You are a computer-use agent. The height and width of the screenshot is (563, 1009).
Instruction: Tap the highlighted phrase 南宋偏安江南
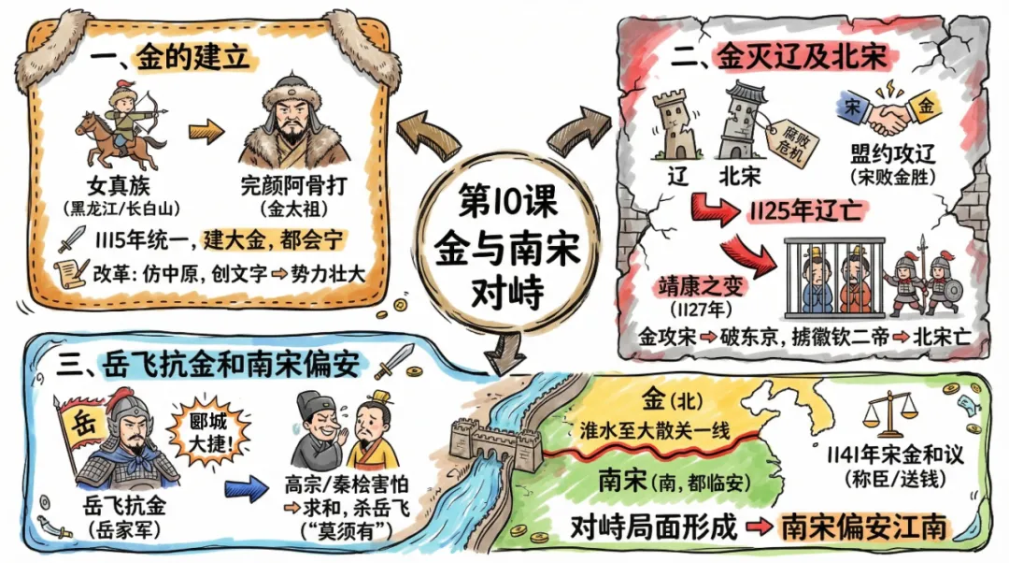click(863, 526)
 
